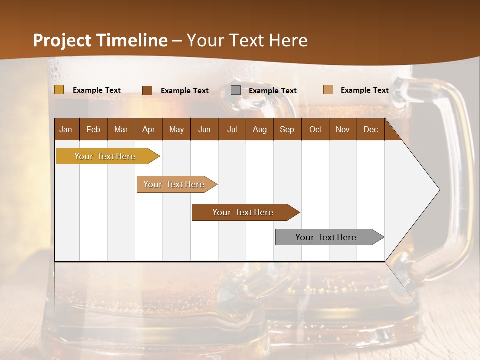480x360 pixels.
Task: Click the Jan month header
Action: (66, 129)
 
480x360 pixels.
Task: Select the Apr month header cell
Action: (148, 129)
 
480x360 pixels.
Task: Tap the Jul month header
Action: (232, 129)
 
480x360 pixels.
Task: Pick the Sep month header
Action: (287, 129)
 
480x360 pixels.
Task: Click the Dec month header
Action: (370, 129)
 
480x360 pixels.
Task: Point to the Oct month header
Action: (315, 129)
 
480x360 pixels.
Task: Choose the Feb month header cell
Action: (93, 129)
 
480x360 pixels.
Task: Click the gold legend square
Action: (59, 90)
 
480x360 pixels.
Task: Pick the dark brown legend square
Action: (147, 90)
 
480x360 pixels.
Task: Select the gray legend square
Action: (236, 90)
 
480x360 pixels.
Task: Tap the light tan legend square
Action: (328, 90)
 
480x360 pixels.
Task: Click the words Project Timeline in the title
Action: (100, 40)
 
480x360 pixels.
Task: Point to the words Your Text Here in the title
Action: (247, 40)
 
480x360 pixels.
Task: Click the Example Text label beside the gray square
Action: (273, 91)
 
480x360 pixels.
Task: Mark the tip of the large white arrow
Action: (439, 189)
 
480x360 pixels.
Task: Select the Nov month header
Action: (342, 129)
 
